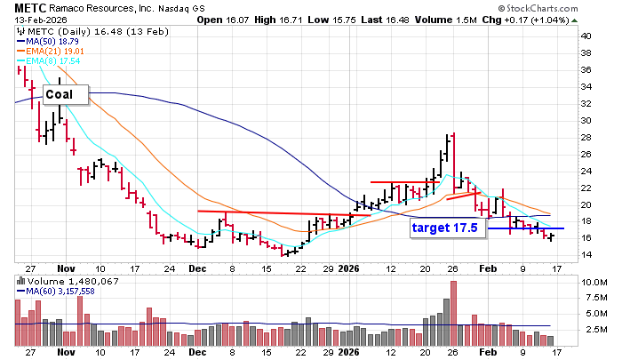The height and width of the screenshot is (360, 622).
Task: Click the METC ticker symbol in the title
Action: click(x=20, y=7)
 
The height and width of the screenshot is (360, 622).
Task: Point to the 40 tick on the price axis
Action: click(x=586, y=36)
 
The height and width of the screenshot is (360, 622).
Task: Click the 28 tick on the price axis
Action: click(x=586, y=137)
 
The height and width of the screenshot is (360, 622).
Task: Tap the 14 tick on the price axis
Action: click(x=586, y=255)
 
